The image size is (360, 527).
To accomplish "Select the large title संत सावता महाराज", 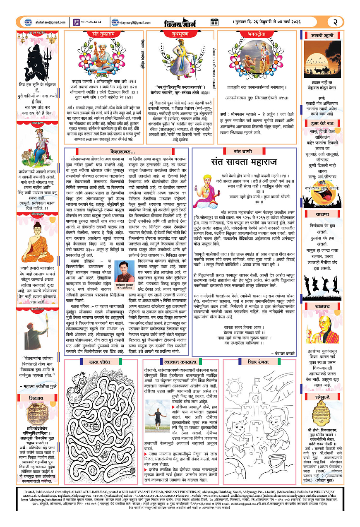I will click(244, 161).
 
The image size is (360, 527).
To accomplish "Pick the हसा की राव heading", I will click(325, 123).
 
